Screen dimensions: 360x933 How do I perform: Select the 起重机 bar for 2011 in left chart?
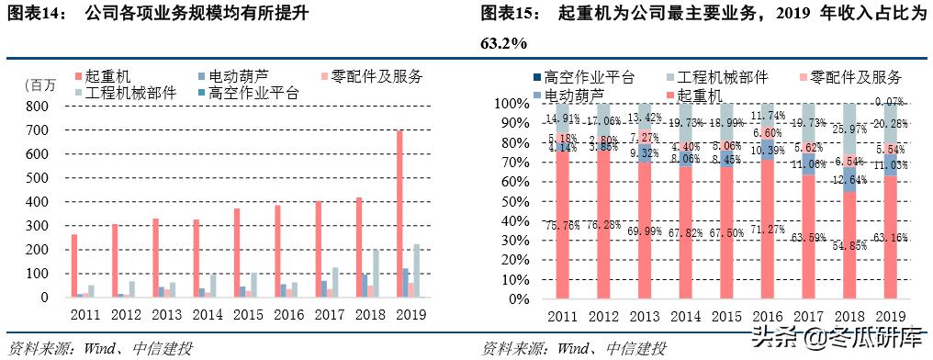point(73,265)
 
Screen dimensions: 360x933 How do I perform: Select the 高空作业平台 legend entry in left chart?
point(248,94)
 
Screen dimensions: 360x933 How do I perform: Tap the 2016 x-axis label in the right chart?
point(767,317)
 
